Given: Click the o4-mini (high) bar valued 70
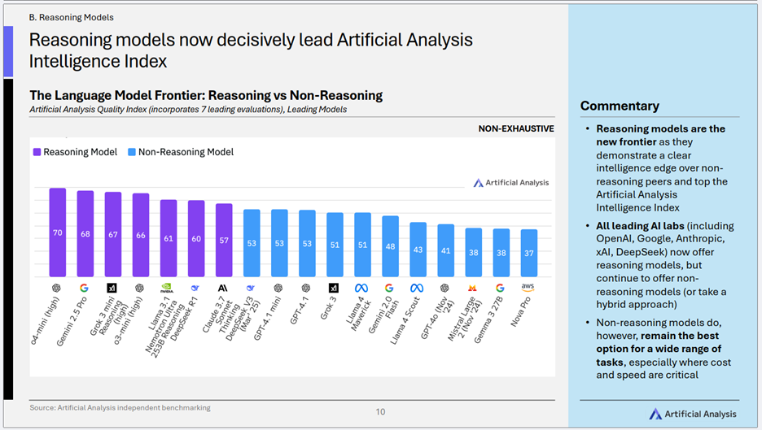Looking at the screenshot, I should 58,232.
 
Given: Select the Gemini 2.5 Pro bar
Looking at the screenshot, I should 85,233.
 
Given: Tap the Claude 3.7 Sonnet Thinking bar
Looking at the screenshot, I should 224,240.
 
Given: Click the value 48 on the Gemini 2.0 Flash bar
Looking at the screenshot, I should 391,245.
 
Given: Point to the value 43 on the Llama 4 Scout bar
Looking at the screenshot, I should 418,249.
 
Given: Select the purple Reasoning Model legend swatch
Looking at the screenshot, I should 37,152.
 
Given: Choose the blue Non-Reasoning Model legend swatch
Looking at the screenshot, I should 132,152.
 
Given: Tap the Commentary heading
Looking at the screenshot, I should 620,106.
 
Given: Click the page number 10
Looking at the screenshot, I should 380,411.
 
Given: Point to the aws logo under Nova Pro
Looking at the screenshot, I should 528,288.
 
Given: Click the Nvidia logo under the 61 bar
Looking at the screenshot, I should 169,288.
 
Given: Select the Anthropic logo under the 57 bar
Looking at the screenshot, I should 223,288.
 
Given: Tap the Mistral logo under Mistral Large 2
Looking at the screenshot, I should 473,288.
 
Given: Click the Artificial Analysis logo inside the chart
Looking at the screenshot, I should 511,183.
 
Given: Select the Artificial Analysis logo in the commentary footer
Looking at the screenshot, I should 693,414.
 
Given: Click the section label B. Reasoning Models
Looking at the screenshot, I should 71,17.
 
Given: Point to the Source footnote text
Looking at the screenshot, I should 120,407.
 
